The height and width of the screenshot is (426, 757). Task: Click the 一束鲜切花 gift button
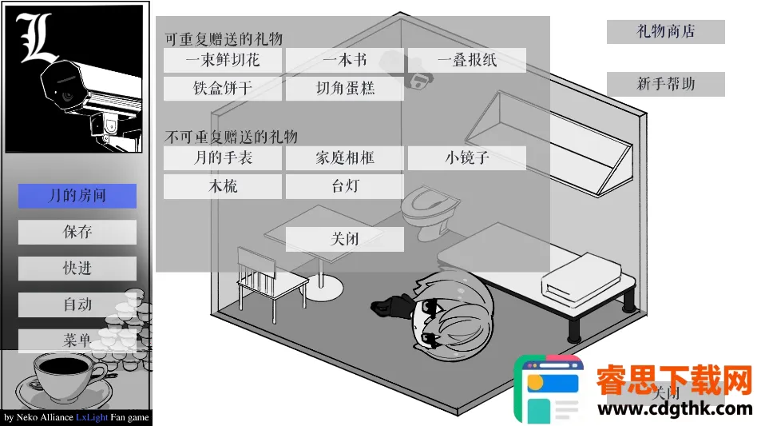tap(223, 61)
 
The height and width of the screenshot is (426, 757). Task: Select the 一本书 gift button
tap(345, 61)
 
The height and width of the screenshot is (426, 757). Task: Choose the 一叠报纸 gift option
tap(467, 61)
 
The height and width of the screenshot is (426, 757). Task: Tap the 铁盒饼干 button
tap(223, 89)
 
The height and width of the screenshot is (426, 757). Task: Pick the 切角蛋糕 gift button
tap(345, 89)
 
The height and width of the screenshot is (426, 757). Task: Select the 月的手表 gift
tap(223, 158)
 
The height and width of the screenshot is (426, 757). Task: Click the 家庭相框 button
tap(345, 158)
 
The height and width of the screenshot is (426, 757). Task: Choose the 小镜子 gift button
tap(467, 158)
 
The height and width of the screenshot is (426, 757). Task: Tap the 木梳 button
tap(223, 186)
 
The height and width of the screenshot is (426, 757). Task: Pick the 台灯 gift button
tap(345, 186)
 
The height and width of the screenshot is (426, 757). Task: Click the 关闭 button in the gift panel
tap(345, 239)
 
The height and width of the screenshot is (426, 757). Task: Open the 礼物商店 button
tap(666, 32)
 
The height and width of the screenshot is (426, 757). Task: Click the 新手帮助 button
tap(666, 84)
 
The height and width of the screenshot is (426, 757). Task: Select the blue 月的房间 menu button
tap(77, 196)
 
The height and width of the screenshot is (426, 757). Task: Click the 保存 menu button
tap(77, 233)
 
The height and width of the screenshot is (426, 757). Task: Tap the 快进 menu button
tap(77, 269)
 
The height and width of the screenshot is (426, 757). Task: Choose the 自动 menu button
tap(77, 305)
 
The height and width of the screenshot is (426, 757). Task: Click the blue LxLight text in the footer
tap(92, 417)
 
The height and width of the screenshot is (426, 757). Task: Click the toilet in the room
tap(429, 213)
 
